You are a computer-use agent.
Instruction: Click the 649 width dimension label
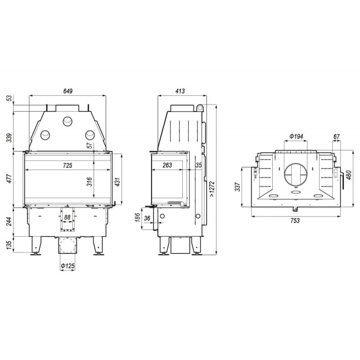coord(68,91)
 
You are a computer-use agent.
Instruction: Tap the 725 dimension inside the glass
coord(67,165)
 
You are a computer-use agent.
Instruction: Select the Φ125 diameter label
coord(68,266)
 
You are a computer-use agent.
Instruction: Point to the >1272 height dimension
coord(212,189)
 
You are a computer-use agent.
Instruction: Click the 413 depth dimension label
coord(180,91)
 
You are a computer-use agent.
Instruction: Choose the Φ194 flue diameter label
coord(296,136)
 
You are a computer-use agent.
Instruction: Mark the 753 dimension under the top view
coord(295,220)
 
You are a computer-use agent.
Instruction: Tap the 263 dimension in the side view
coord(167,165)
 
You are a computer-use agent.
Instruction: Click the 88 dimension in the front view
coord(67,217)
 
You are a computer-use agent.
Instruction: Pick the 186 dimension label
coord(138,217)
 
